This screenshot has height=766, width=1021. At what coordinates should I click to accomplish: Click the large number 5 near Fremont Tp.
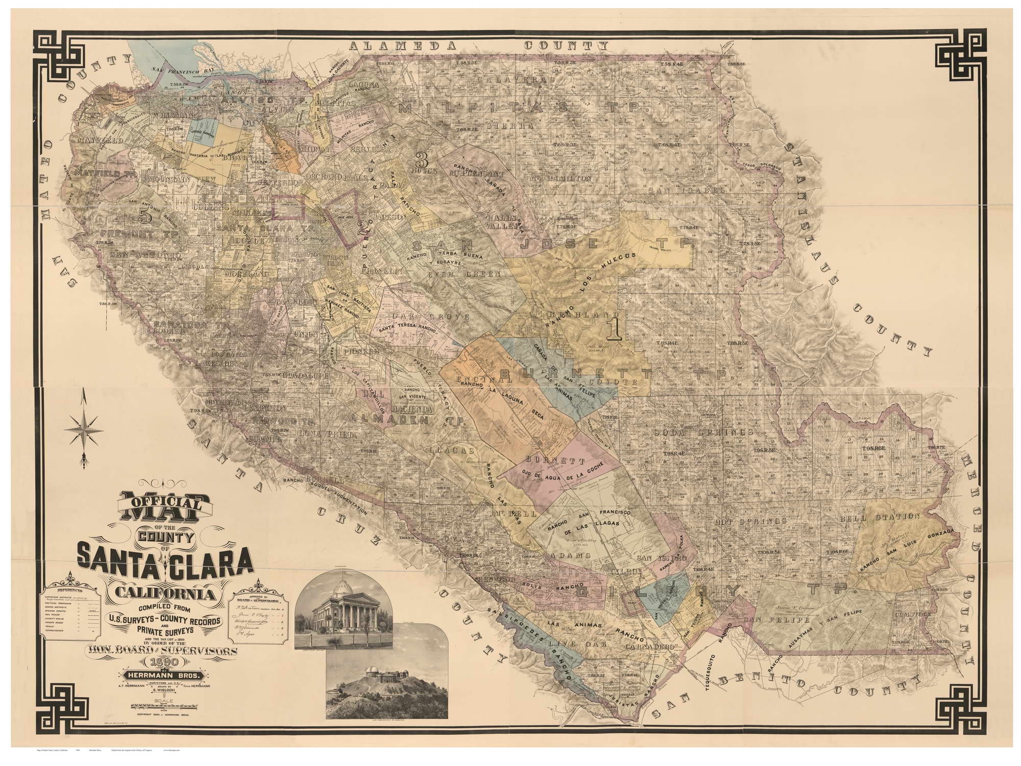point(146,217)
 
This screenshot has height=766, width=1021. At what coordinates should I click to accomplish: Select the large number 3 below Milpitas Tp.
point(422,160)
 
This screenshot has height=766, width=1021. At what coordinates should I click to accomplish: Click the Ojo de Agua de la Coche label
point(562,475)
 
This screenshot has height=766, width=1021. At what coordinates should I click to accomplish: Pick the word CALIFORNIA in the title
point(164,593)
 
